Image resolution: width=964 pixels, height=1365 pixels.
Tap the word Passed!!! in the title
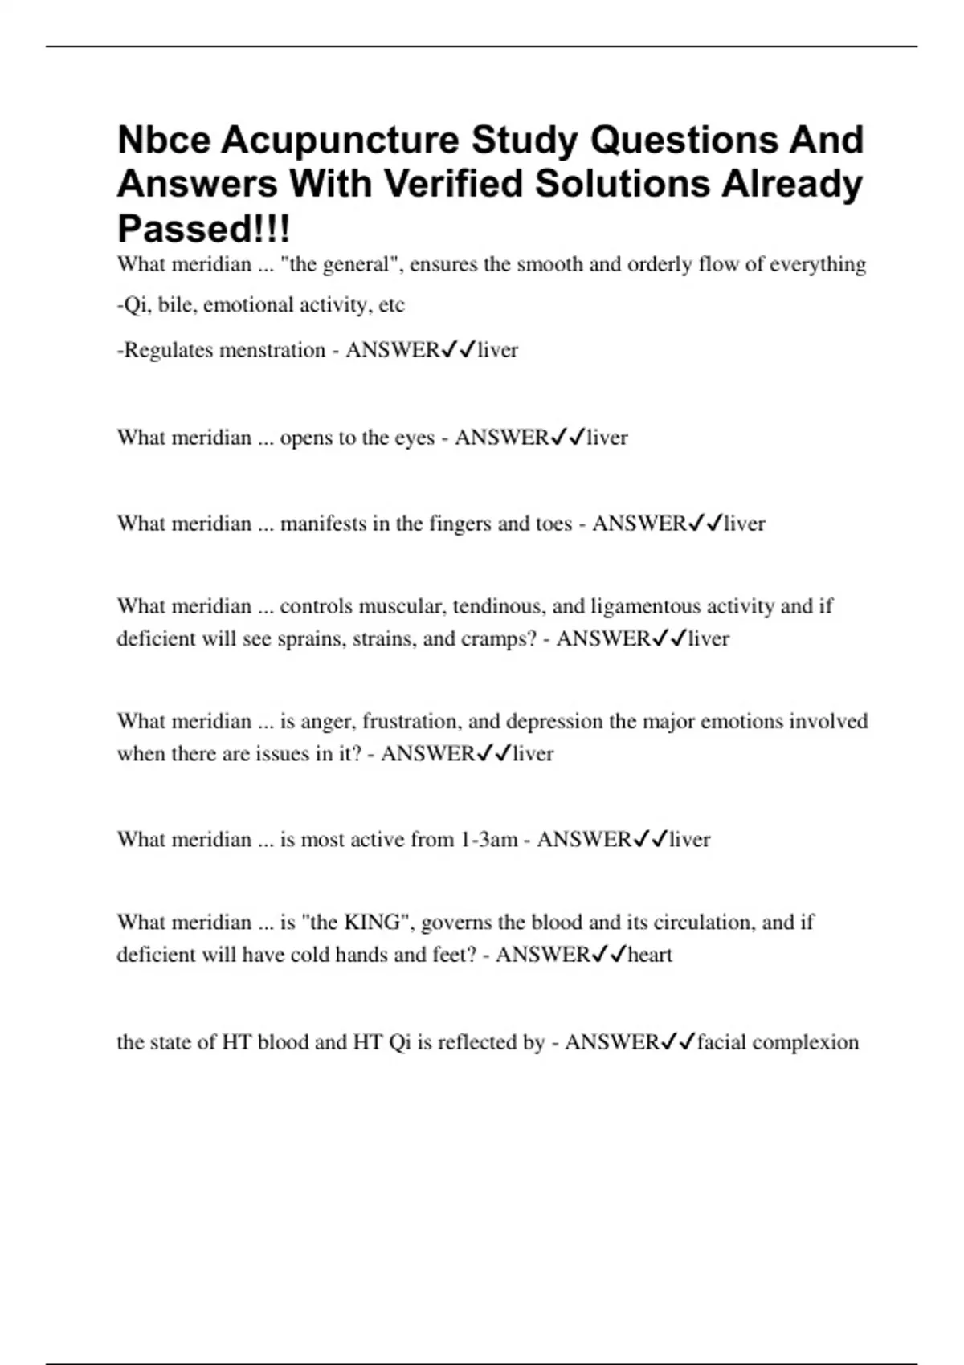click(x=204, y=229)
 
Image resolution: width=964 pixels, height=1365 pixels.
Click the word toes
click(x=553, y=524)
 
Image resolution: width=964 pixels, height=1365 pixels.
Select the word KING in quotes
click(x=372, y=922)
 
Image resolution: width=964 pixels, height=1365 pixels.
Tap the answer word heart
click(x=650, y=955)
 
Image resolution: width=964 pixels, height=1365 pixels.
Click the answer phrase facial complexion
click(x=778, y=1042)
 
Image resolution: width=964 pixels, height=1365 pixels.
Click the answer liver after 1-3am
click(x=689, y=840)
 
